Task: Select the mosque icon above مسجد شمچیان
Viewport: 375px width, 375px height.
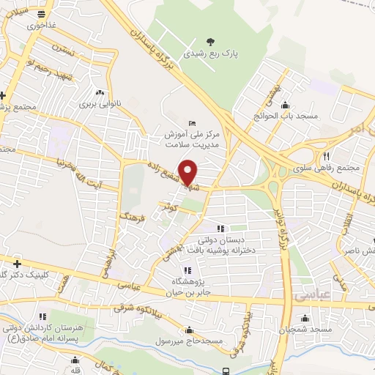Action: click(305, 319)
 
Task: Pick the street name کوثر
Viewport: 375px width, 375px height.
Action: click(172, 208)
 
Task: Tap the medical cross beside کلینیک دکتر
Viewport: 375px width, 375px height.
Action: click(17, 263)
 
